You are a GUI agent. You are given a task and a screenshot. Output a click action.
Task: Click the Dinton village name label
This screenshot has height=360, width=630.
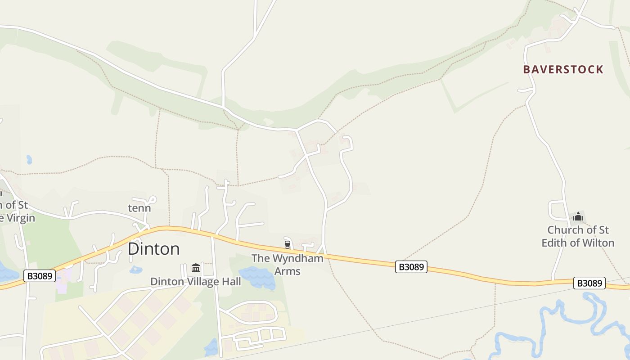point(154,249)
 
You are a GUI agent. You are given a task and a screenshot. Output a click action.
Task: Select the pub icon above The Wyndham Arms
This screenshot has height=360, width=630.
point(288,244)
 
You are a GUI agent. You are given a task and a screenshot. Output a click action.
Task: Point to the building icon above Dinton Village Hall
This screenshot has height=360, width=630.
point(196,268)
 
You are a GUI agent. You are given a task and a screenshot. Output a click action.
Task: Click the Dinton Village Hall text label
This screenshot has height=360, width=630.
point(195,282)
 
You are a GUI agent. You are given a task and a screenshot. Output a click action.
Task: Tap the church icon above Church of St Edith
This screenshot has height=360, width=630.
point(578,217)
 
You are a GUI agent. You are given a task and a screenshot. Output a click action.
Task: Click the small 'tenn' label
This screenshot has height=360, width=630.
point(139,208)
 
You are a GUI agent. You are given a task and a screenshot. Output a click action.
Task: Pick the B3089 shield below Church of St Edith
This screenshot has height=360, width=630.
point(589,283)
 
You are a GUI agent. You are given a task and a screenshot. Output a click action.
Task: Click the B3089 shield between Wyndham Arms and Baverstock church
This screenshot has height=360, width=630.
point(411,267)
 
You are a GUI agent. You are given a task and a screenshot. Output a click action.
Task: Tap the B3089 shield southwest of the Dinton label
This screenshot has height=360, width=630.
point(40,275)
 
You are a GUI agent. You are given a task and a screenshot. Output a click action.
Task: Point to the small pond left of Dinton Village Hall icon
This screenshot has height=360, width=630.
point(135,270)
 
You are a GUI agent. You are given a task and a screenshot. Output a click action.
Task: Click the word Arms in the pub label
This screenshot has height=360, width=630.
point(288,271)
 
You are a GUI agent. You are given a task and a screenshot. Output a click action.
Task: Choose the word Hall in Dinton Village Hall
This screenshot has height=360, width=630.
point(230,282)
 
